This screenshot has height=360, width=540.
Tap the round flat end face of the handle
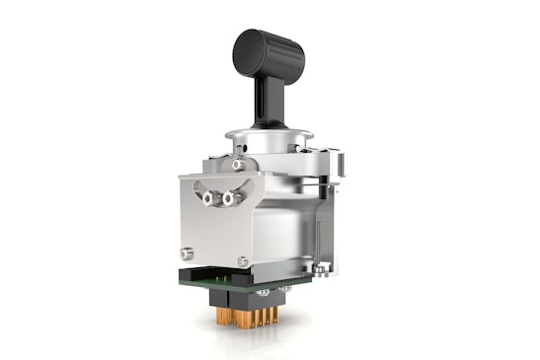point(244,44)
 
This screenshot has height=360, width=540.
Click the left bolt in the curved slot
point(209,197)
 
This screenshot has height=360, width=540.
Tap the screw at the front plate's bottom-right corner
point(243,260)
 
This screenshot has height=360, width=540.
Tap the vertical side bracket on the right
point(334,212)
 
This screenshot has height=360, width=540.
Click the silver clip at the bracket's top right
point(339,163)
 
